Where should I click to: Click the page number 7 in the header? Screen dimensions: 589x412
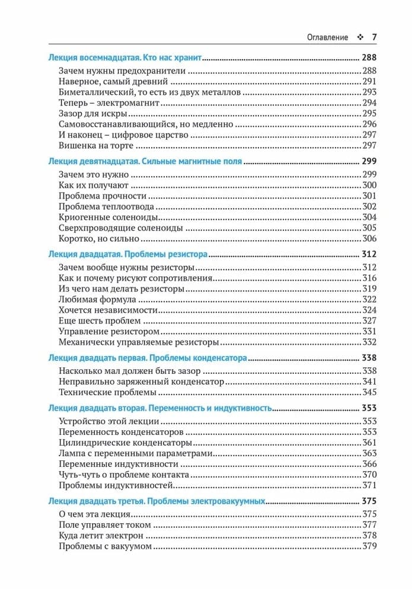374,37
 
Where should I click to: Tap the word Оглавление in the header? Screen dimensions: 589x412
327,37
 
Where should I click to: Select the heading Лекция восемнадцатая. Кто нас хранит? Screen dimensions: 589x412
125,58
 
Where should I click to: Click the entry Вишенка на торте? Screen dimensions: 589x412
97,145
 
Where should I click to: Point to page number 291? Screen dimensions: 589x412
369,82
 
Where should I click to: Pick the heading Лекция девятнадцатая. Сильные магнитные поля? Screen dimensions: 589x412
145,161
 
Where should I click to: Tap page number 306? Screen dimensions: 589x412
369,239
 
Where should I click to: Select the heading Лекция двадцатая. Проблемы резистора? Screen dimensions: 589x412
127,254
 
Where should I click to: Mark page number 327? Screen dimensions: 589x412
369,321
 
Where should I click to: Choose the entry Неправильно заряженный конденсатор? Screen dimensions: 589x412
142,381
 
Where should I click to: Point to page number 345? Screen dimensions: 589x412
369,392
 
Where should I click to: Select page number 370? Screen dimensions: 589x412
369,475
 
